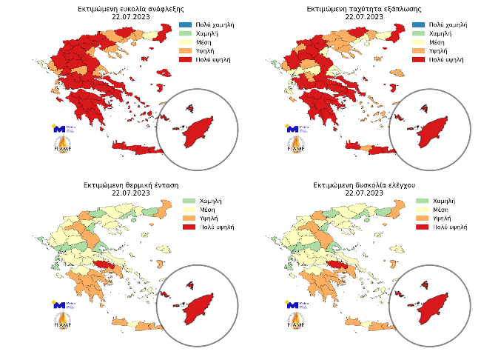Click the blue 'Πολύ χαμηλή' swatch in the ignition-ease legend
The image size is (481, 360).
[184, 25]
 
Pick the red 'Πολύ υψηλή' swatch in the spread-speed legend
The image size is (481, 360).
[418, 59]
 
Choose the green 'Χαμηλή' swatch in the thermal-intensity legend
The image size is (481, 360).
[189, 201]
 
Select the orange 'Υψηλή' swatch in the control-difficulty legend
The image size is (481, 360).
[423, 219]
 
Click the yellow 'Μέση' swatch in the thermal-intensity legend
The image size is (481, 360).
[189, 210]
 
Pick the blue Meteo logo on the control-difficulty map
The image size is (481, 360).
[293, 304]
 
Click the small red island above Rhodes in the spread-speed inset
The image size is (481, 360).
[424, 108]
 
